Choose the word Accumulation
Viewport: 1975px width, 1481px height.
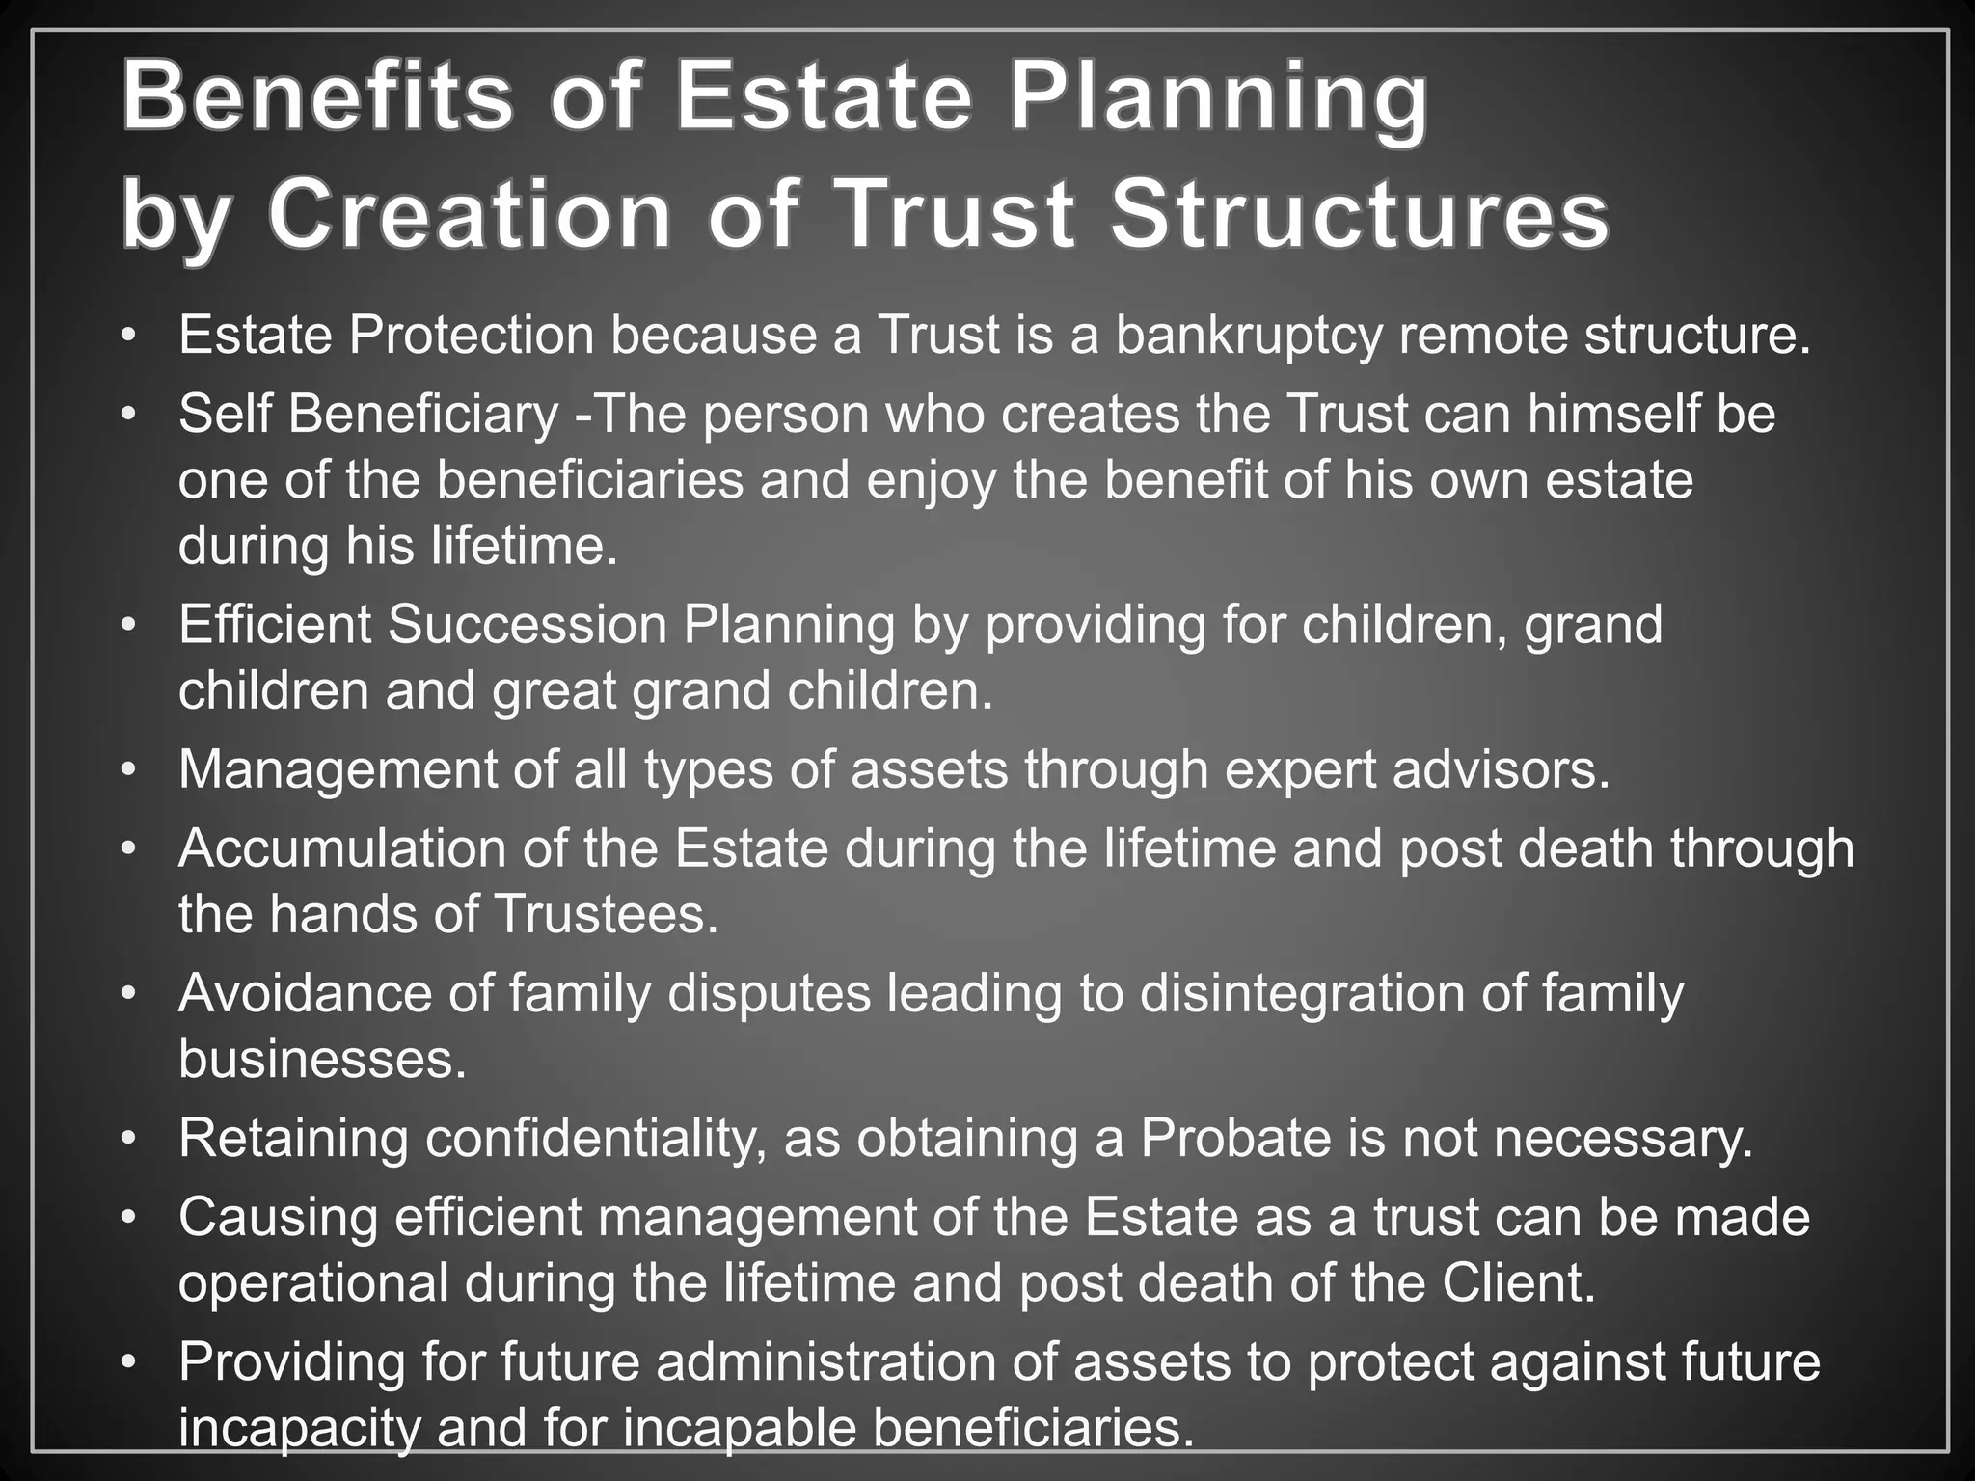point(342,848)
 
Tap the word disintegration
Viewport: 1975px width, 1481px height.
point(1302,993)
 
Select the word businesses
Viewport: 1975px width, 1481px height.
point(322,1059)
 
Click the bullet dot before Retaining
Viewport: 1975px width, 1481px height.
point(129,1140)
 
